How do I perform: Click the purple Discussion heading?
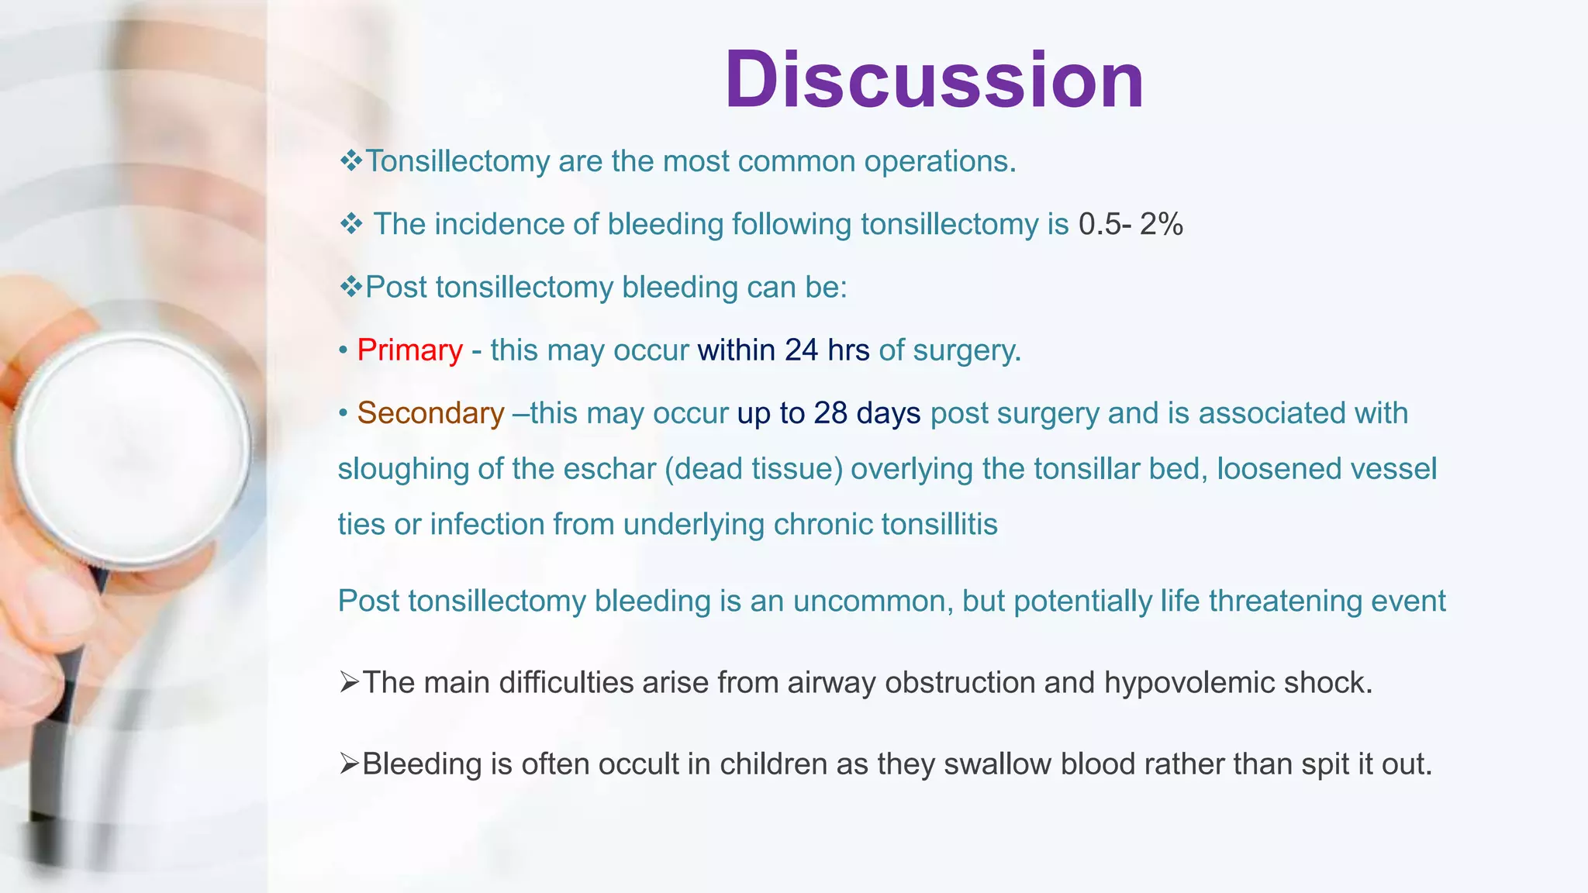coord(934,81)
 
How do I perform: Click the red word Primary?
coord(409,350)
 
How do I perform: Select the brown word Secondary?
coord(430,413)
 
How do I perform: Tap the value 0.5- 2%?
coord(1131,225)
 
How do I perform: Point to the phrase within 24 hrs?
coord(783,350)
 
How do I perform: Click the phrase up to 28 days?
coord(828,413)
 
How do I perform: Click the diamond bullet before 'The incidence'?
coord(351,225)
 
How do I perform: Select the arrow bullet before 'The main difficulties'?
coord(349,683)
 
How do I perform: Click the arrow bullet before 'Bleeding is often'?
coord(349,764)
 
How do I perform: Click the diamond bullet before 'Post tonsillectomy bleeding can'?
coord(351,288)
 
